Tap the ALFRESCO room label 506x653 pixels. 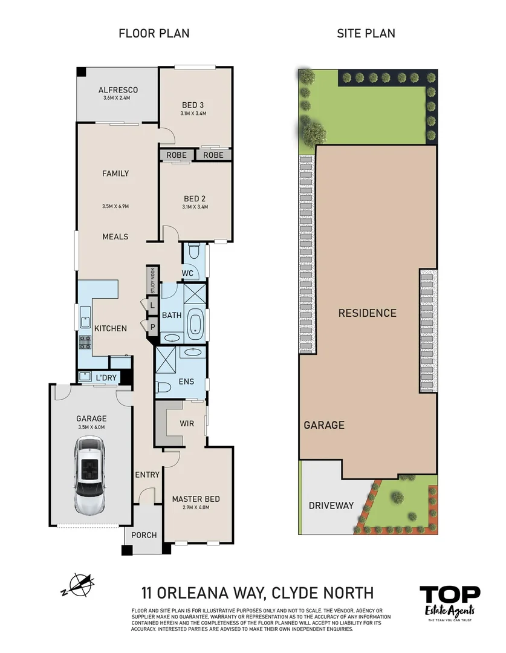[118, 90]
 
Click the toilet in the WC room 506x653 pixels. [194, 252]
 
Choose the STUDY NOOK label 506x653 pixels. [153, 281]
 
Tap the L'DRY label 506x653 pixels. [106, 378]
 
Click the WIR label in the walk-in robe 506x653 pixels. [187, 423]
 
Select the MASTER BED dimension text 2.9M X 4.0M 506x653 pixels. [195, 508]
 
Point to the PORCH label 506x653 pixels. [144, 535]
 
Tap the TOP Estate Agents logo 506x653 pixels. [450, 602]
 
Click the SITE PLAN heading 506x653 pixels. [366, 33]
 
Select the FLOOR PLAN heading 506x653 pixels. [154, 33]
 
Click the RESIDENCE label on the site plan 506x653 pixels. [367, 313]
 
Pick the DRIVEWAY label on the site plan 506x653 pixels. [331, 505]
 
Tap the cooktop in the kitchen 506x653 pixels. [83, 343]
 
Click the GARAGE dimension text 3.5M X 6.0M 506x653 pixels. [91, 427]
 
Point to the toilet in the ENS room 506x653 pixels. [163, 386]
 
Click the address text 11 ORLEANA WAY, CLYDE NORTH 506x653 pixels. [257, 593]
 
